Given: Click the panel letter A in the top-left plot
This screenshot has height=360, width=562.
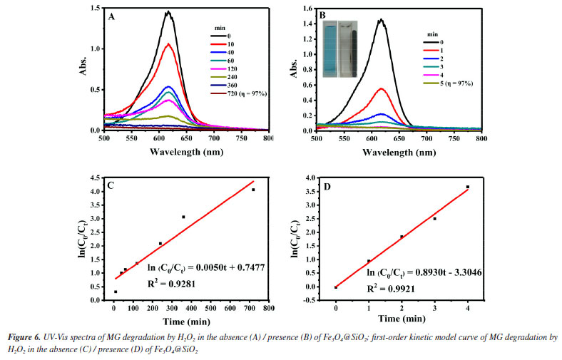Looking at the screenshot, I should (111, 16).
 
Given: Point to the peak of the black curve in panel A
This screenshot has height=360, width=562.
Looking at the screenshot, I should (168, 12).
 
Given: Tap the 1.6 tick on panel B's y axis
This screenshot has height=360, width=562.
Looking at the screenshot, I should (305, 8).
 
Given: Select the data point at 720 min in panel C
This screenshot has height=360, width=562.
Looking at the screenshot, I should (253, 190).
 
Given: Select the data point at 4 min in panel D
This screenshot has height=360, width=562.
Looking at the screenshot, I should (468, 187).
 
